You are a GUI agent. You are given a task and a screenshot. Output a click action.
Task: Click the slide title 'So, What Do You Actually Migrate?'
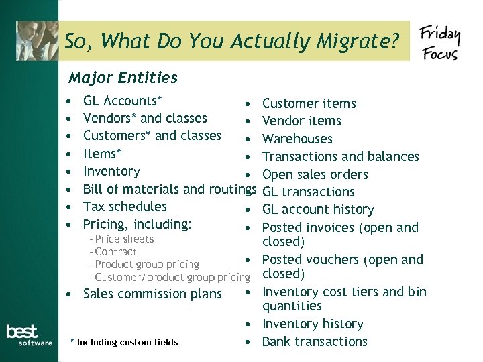coord(232,42)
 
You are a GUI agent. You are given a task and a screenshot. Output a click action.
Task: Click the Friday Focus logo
coord(439,43)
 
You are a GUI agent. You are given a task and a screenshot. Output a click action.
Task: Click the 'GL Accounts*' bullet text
coord(122,101)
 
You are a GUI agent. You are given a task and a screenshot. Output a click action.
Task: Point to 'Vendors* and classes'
coord(145,118)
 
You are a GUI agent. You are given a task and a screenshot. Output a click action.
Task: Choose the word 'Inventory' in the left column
coord(111,171)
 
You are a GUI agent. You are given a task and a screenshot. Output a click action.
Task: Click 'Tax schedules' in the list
coord(125,206)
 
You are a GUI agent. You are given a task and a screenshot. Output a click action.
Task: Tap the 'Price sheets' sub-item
coord(124,239)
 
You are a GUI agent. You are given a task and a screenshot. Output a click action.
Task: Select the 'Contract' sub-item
coord(116,251)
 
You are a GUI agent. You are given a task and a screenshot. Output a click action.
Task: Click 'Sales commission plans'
coord(152,294)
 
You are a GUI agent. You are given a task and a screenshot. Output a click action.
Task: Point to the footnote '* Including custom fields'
coord(124,343)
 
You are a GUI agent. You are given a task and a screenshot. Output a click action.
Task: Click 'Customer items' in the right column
coord(309,103)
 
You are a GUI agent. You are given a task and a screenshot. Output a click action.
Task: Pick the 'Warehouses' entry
coord(297,139)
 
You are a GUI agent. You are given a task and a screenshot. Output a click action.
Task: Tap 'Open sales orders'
coord(315,174)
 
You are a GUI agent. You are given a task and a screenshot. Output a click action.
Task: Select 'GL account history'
coord(318,209)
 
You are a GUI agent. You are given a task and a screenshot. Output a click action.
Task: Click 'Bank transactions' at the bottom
coord(315,341)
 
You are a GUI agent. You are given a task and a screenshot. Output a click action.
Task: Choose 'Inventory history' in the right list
coord(313,324)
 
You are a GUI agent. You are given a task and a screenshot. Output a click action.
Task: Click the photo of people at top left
coord(37,40)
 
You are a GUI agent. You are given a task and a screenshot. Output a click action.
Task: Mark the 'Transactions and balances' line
coord(340,156)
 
